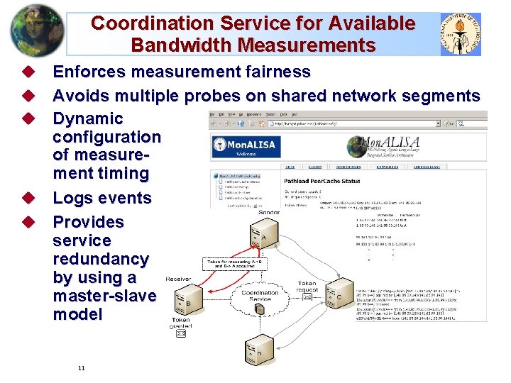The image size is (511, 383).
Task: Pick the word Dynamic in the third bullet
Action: [88, 118]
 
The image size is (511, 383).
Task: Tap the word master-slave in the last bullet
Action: [104, 296]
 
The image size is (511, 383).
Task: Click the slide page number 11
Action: [82, 368]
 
